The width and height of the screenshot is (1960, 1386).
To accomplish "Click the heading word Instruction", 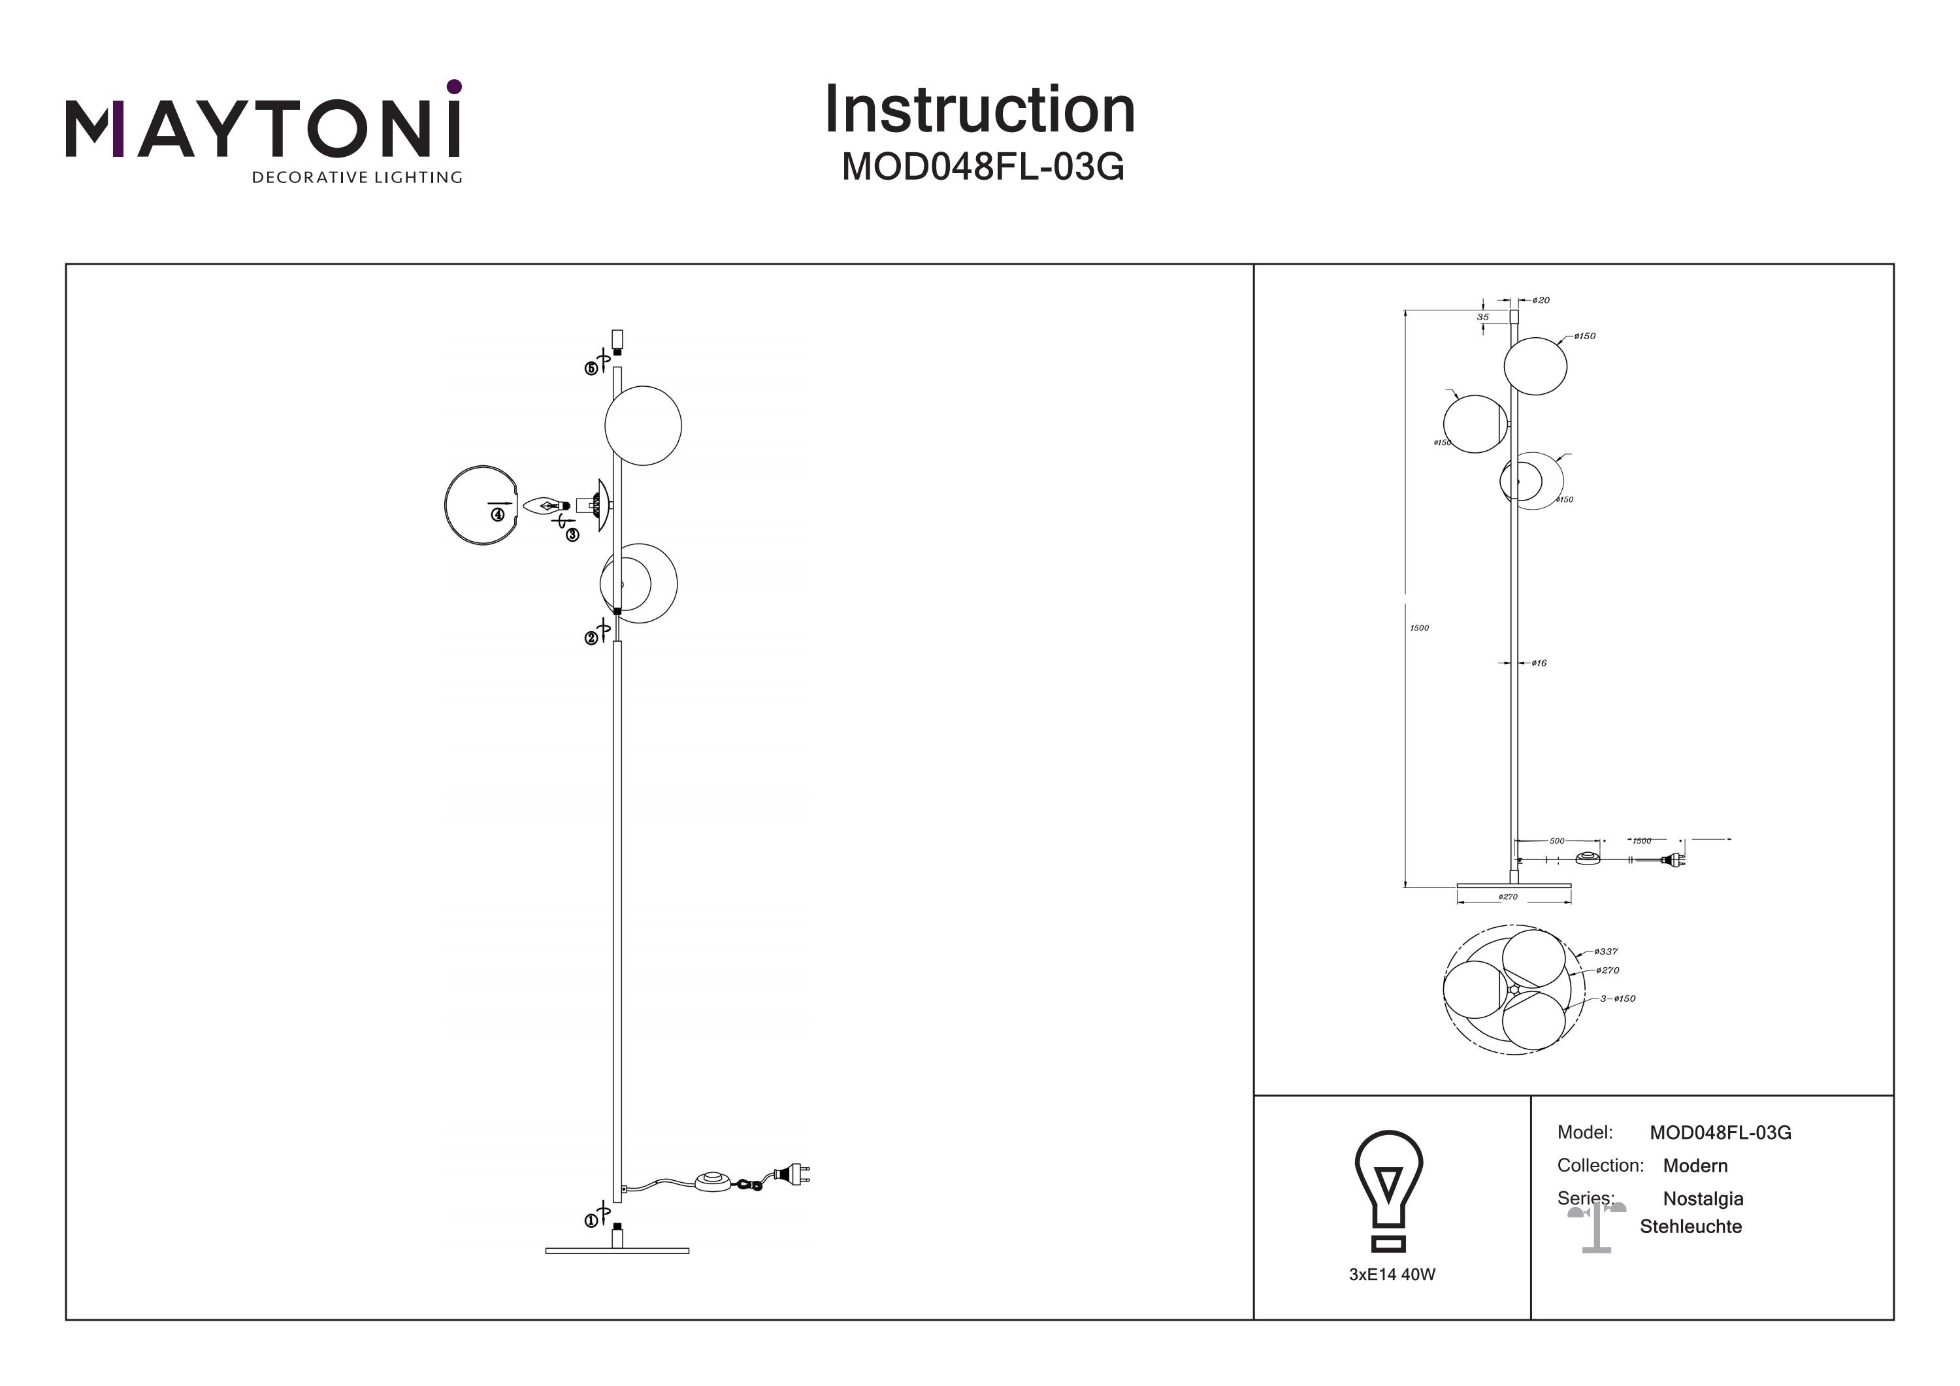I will point(979,110).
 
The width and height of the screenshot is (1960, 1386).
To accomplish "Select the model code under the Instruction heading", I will point(983,167).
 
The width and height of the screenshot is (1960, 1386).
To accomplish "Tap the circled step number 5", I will point(591,369).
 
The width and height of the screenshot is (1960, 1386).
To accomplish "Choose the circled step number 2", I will point(591,638).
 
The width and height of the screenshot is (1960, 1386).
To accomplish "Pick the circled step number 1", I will point(591,1221).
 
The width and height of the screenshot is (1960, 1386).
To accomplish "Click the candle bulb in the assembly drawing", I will point(543,506).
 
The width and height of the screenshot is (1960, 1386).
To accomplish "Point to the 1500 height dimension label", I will point(1419,628).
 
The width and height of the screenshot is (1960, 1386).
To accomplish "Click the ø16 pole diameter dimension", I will point(1539,663).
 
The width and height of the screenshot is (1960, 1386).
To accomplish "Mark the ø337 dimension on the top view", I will point(1606,951).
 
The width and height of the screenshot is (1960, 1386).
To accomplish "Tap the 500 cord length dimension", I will point(1557,841).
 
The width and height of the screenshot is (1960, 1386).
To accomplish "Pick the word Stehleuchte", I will point(1690,1227).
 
